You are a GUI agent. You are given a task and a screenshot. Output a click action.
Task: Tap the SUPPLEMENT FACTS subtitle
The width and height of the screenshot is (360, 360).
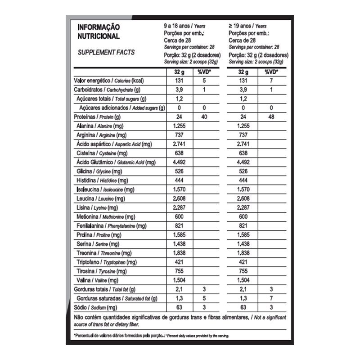pos(106,52)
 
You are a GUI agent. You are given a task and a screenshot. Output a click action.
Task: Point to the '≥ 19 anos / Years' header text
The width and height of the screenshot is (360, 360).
pos(247,26)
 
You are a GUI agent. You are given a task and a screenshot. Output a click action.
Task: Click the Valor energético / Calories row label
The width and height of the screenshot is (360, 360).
pos(108,81)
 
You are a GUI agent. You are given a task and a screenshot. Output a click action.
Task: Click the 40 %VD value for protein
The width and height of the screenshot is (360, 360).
pos(204,117)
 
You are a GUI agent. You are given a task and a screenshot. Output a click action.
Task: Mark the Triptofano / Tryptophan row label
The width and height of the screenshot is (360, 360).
pos(106,262)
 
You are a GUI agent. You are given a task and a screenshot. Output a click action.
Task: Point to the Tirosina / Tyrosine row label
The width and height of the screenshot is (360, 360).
pos(102,271)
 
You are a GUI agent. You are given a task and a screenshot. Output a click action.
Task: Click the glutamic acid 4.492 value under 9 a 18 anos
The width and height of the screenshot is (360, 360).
pos(180,162)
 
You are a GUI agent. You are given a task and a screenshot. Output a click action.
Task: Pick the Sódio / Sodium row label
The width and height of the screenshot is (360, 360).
pos(95,307)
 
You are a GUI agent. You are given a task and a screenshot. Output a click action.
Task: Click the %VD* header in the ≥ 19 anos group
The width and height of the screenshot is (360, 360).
pos(270,72)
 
